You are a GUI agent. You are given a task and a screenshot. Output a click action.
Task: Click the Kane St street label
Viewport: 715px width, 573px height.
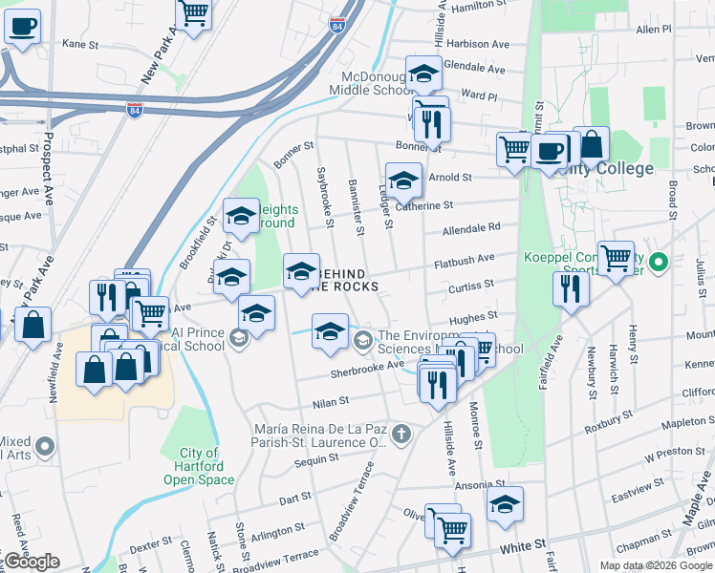click(x=80, y=44)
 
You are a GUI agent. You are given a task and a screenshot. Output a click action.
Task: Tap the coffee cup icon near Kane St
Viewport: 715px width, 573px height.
click(x=22, y=26)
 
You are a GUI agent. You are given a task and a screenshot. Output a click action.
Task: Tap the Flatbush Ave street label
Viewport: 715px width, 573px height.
click(x=464, y=258)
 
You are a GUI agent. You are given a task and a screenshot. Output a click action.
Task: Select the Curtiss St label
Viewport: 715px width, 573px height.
click(x=471, y=285)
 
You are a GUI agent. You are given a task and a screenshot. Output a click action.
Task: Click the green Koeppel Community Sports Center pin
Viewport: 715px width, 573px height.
click(x=658, y=261)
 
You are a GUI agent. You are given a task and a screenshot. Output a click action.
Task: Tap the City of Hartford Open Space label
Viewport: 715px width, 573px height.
click(x=199, y=466)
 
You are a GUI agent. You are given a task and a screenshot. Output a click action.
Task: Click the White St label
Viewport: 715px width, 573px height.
click(x=521, y=551)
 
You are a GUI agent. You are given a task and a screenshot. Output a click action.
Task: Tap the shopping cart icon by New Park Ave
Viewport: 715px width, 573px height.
click(x=194, y=11)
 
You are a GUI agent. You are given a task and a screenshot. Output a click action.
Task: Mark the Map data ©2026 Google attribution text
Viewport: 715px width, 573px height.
click(x=656, y=565)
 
